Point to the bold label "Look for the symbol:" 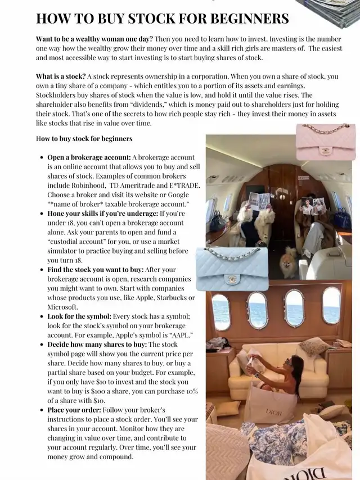79,316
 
